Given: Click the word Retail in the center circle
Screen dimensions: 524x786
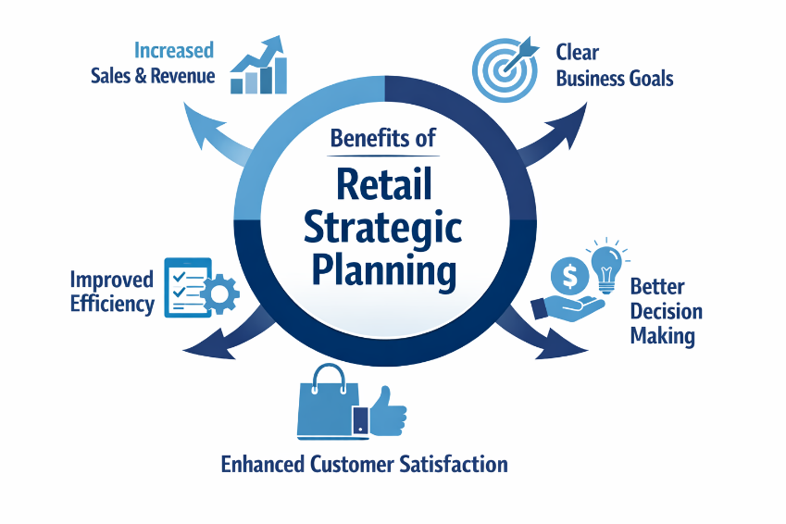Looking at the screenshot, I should (383, 184).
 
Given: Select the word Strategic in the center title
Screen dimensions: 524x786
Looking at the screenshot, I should (383, 229).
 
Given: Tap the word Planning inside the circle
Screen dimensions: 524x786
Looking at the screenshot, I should (383, 272).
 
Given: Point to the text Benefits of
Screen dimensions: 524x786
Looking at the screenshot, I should (382, 139).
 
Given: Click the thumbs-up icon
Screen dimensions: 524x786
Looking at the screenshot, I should (386, 408).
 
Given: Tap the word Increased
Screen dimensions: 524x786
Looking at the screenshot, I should (173, 50).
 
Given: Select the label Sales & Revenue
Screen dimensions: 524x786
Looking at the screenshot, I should (153, 76).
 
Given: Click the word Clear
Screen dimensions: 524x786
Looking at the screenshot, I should (575, 52).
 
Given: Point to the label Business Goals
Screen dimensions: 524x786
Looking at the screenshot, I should (614, 78).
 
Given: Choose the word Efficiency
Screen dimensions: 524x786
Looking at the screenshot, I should (112, 304).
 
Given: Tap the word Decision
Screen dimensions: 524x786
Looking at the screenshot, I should (665, 310).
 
